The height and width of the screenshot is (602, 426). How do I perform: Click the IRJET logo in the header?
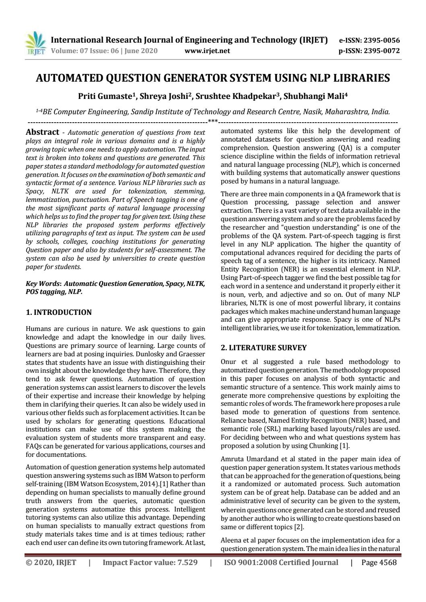(36, 44)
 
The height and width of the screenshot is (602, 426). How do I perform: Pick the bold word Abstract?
(42, 132)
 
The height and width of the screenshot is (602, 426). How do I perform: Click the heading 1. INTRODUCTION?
(59, 312)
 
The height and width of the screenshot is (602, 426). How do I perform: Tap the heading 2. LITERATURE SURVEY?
(264, 348)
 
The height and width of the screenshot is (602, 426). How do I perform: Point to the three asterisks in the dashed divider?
(213, 121)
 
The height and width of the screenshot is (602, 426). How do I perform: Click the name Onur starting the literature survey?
(229, 362)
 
